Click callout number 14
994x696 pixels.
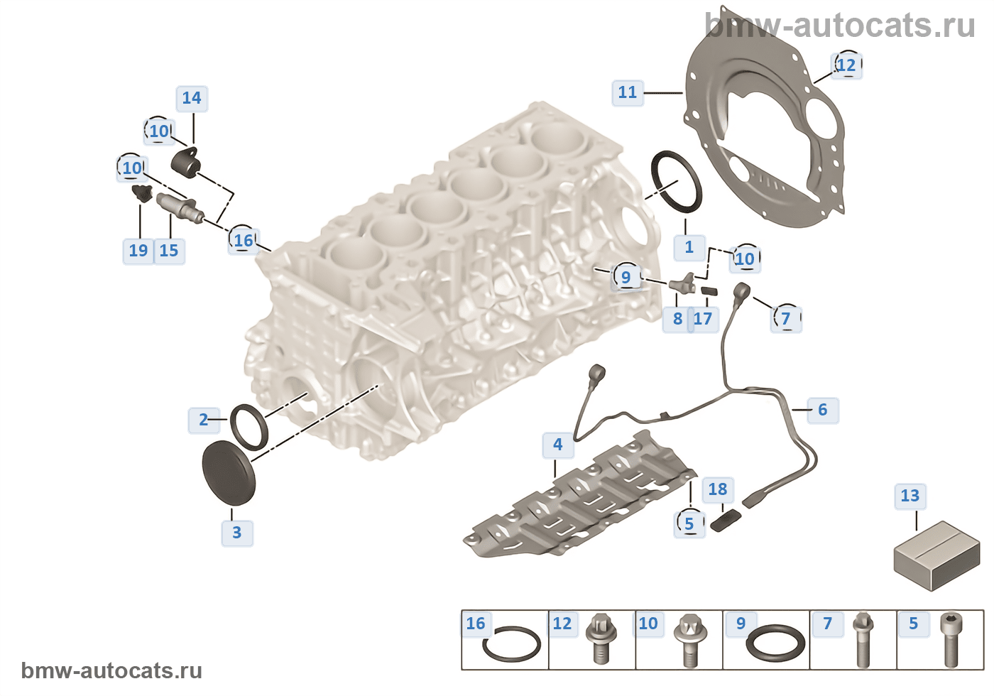click(x=192, y=98)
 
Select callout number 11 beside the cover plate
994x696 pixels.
click(x=628, y=93)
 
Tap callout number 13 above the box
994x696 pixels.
click(x=910, y=496)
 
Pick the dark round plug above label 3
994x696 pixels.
click(x=229, y=473)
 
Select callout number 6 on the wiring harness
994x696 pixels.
click(x=823, y=410)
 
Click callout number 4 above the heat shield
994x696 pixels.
click(x=558, y=445)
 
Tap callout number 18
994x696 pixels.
click(x=718, y=489)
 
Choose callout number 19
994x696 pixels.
click(x=138, y=251)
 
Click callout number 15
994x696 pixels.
click(x=169, y=251)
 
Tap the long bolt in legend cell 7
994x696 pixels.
click(x=863, y=640)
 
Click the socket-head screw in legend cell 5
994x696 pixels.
click(x=951, y=640)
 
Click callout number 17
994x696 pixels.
click(x=703, y=319)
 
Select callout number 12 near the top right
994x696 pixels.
click(x=846, y=65)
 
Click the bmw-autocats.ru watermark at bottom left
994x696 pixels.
click(x=111, y=670)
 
